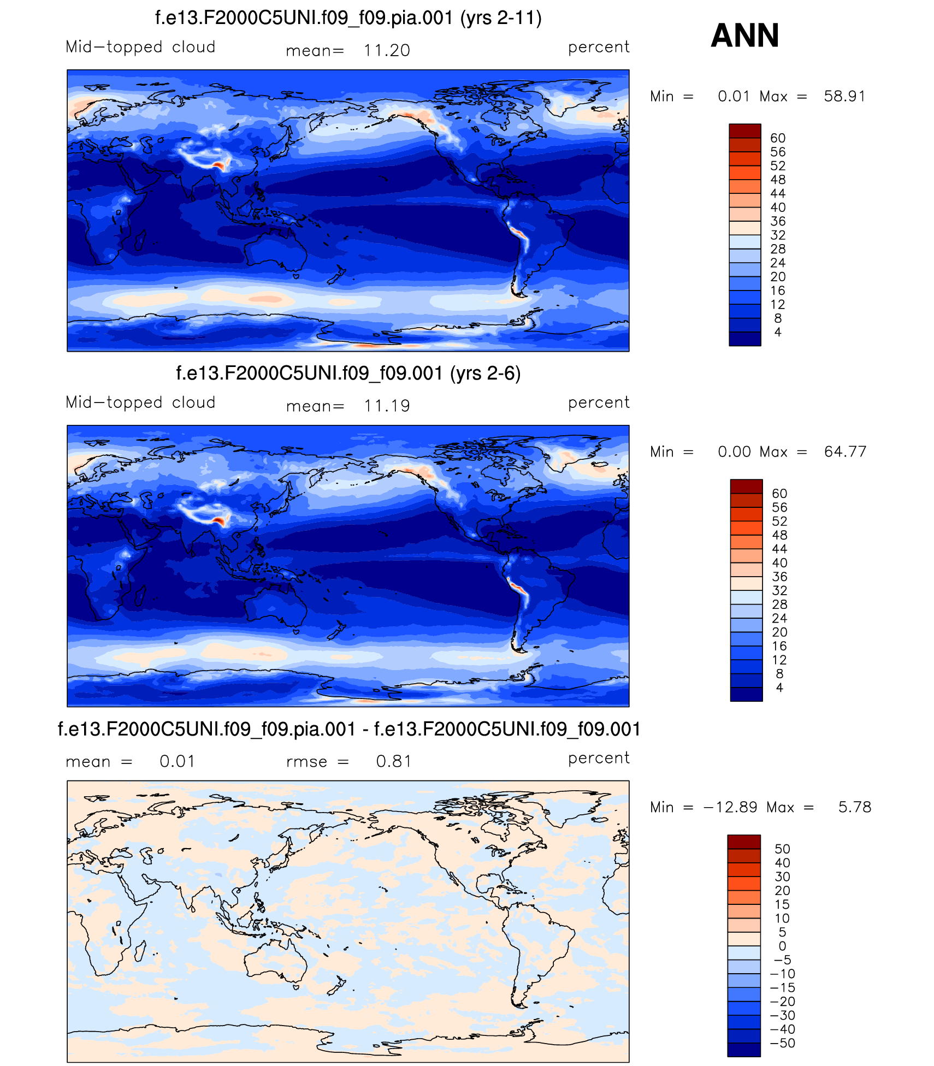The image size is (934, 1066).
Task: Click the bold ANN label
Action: click(744, 35)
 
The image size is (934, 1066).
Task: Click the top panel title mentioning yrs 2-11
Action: click(348, 18)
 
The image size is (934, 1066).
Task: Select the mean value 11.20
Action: click(387, 50)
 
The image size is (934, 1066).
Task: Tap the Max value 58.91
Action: click(844, 97)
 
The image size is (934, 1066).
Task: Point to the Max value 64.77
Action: click(845, 452)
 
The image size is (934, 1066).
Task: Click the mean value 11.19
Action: click(387, 406)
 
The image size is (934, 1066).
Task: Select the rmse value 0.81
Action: click(393, 761)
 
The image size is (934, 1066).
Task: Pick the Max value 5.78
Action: click(855, 808)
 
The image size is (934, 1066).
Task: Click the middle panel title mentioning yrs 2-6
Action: click(348, 374)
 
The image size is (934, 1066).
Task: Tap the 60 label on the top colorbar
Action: click(778, 138)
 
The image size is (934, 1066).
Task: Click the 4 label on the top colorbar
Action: click(778, 332)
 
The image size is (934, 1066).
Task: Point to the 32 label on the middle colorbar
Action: click(779, 590)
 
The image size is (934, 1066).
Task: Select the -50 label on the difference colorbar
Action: click(782, 1043)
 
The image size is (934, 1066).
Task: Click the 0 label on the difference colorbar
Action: click(782, 946)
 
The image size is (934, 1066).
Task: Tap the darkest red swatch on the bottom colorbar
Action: click(743, 842)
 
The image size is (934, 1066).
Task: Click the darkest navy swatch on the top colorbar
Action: click(744, 339)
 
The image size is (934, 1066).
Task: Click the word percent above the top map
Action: click(599, 48)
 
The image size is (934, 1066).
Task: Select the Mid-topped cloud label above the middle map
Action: click(140, 402)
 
